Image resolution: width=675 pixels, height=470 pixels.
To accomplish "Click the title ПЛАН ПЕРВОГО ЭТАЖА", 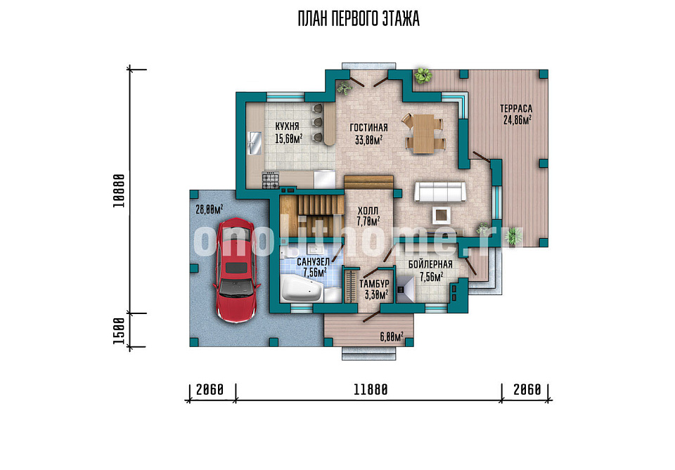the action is click(x=359, y=19).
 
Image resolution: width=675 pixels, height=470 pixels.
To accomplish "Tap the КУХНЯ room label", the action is click(x=287, y=126).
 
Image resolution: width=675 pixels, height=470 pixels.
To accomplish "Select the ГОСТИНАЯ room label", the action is click(x=368, y=128).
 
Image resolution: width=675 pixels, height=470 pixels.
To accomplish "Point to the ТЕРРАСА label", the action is click(x=516, y=109).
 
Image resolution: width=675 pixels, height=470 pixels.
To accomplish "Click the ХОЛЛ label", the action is click(x=368, y=211).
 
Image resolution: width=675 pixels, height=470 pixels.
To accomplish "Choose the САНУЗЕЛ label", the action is click(x=314, y=262).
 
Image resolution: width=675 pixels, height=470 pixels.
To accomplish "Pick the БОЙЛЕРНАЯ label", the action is click(x=430, y=264).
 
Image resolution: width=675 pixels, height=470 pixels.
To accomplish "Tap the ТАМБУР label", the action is click(x=375, y=284).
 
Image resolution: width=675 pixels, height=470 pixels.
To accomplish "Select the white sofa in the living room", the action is click(x=440, y=192).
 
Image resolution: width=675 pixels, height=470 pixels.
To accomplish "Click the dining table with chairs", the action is click(x=423, y=133).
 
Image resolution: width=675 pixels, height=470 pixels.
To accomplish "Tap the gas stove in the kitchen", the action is click(x=271, y=180).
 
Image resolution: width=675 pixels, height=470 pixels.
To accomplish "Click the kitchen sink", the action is click(x=255, y=143).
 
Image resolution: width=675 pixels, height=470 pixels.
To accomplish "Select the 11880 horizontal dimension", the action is click(x=371, y=390).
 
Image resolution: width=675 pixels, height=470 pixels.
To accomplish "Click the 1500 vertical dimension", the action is click(x=119, y=331).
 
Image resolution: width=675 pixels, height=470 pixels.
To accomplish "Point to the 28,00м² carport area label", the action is click(x=210, y=210).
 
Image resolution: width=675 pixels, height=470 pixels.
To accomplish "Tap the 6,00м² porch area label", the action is click(x=392, y=337).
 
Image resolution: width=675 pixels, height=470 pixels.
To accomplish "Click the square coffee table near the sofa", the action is click(x=442, y=214).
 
